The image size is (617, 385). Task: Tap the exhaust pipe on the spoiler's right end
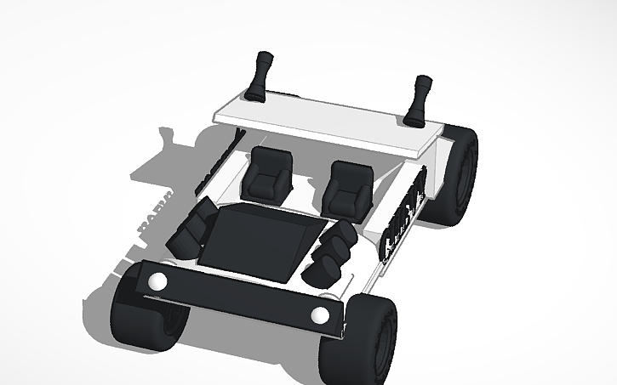[420, 99]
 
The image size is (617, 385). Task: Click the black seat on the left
[271, 173]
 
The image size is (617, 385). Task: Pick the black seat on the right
[348, 189]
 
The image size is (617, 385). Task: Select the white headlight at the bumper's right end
[320, 316]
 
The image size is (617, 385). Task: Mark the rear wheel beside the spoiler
[460, 174]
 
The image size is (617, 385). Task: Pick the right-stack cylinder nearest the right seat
[342, 235]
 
